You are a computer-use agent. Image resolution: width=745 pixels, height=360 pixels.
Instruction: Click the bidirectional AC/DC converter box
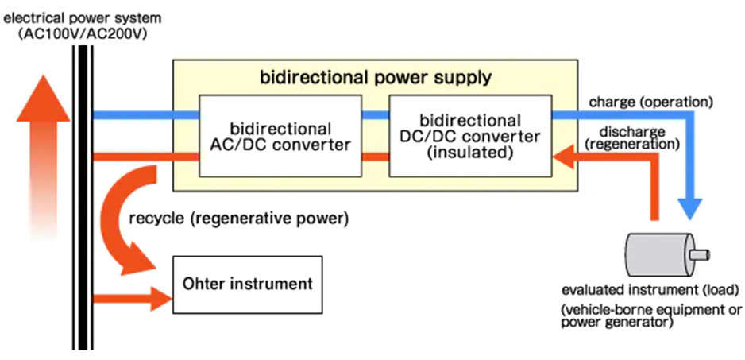pos(280,137)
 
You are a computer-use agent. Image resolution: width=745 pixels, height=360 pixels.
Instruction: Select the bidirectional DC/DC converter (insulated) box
pos(469,136)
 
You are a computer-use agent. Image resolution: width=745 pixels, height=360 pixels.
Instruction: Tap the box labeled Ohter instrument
pos(248,283)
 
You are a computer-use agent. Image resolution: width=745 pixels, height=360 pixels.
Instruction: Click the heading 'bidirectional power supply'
pos(376,78)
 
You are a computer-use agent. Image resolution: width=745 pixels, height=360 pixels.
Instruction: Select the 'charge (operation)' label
pos(650,102)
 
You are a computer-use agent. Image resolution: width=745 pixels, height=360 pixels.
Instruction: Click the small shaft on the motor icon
pos(699,254)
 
